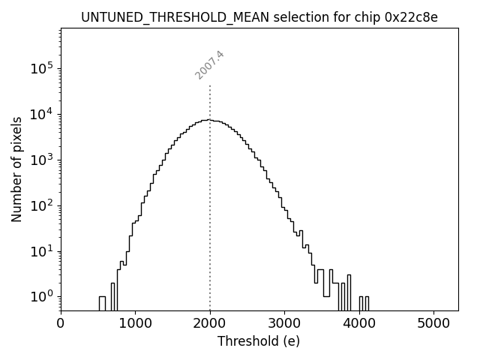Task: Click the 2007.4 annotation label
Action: [210, 65]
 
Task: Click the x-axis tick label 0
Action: [61, 324]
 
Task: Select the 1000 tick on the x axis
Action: [135, 324]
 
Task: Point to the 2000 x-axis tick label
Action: [210, 324]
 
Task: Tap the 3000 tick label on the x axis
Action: [284, 324]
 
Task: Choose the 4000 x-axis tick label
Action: [359, 324]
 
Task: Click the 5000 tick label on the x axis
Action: [433, 324]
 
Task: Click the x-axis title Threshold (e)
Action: [259, 341]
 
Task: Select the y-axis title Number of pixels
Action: [16, 169]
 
